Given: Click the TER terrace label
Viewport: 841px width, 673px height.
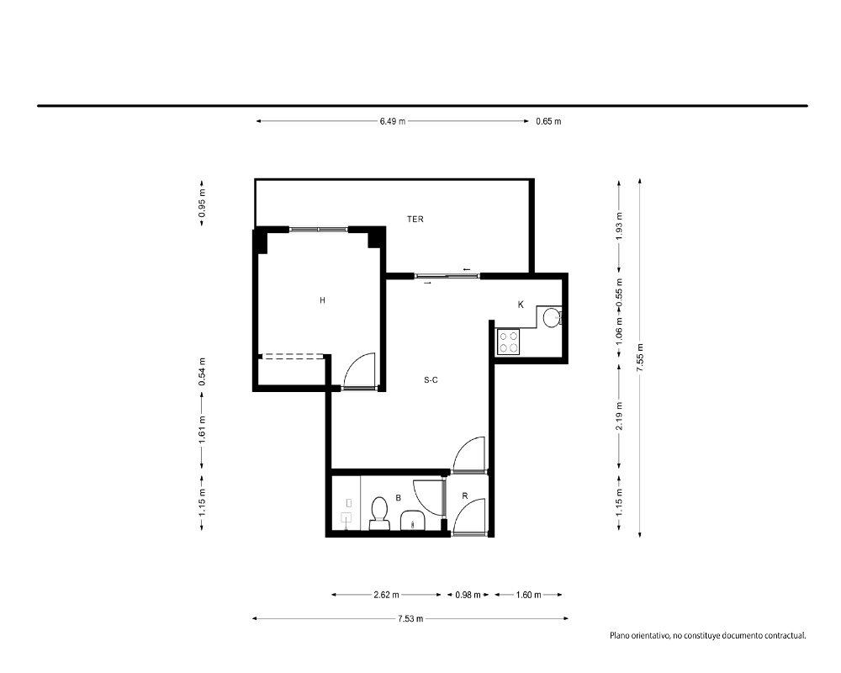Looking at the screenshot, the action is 415,219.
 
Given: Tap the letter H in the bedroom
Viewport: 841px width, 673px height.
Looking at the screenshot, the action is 322,300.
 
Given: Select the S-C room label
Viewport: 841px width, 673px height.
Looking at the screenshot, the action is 431,380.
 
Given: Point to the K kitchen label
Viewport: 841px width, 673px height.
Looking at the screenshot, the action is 521,305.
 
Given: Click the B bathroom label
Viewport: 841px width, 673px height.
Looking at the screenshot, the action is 398,498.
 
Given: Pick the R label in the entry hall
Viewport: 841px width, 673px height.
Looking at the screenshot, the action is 464,495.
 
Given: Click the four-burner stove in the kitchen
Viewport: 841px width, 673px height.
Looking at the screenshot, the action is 508,342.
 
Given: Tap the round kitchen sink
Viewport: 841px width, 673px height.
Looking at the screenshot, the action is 552,318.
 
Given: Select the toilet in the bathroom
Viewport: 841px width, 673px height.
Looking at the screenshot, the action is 380,513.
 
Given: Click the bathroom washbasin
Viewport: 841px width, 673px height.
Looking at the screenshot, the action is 412,520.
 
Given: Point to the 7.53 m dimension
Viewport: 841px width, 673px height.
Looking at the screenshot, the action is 410,618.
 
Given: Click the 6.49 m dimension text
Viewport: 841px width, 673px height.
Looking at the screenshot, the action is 393,121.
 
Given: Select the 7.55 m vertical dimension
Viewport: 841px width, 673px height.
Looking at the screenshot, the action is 639,358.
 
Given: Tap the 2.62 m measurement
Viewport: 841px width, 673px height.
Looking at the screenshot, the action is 386,595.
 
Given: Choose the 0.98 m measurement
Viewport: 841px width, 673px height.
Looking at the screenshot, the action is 468,595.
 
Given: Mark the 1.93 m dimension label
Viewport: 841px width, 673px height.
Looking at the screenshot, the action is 619,226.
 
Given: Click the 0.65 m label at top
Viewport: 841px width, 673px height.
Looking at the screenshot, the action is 548,121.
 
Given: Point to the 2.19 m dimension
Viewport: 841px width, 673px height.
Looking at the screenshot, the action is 619,416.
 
